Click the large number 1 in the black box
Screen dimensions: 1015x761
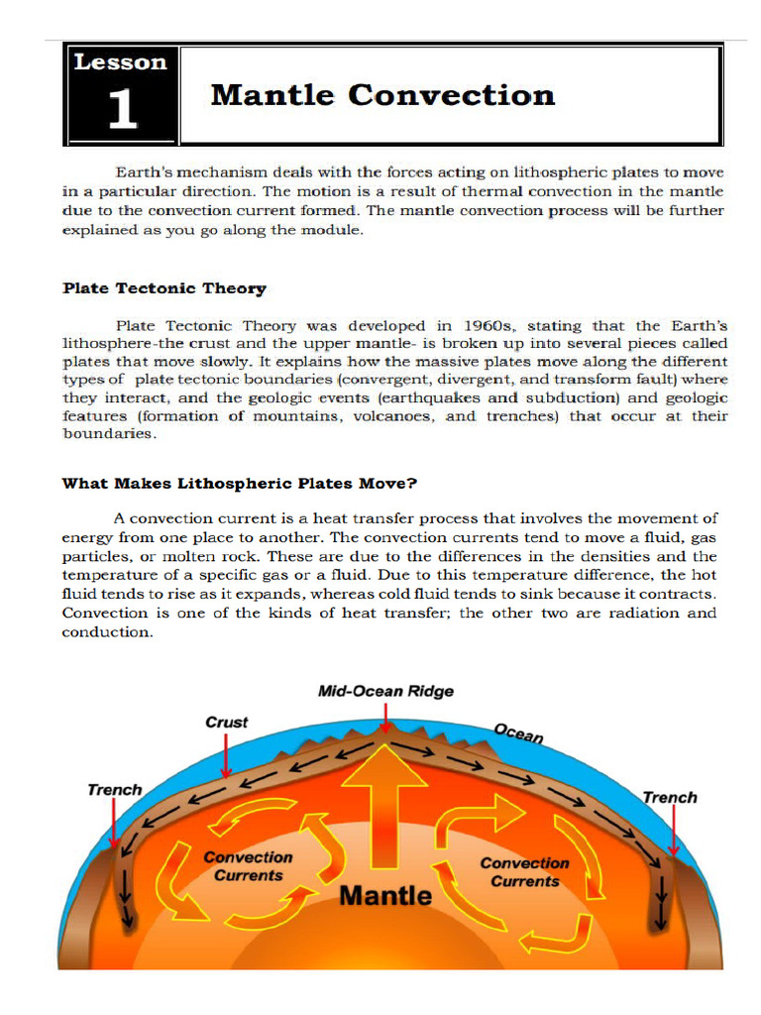pos(122,109)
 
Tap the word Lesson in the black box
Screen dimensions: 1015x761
pos(121,62)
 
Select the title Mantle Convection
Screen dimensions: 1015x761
pos(382,95)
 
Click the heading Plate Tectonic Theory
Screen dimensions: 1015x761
pos(164,288)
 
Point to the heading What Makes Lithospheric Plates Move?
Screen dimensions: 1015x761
pos(240,484)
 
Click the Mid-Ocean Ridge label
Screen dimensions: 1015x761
pos(385,691)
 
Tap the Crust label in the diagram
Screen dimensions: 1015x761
pos(227,722)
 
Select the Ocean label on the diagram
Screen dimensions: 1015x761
pos(517,733)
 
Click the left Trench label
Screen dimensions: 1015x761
pos(115,790)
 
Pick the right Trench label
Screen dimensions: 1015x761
pos(670,797)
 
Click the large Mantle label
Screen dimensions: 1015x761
pos(385,896)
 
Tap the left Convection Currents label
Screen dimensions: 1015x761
pos(248,865)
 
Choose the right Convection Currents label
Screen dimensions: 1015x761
pos(525,871)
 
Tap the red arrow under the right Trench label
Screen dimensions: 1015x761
pos(671,831)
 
